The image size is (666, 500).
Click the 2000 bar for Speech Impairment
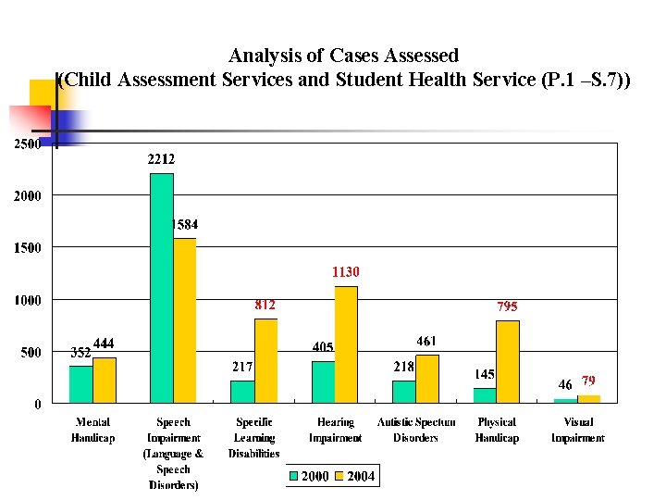click(x=161, y=288)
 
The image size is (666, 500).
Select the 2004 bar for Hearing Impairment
click(x=346, y=344)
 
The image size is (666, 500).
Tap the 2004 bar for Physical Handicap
click(x=508, y=361)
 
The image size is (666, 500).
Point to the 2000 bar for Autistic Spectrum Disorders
click(x=403, y=392)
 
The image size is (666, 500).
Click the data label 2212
click(x=161, y=159)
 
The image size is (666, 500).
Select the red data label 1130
click(x=346, y=272)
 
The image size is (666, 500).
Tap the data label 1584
click(x=183, y=224)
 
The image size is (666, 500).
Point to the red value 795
click(x=507, y=306)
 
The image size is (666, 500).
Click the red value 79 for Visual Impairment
click(x=588, y=381)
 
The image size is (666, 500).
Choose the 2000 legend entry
click(x=308, y=477)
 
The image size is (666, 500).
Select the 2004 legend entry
click(x=353, y=477)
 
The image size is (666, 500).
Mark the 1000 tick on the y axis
click(x=25, y=300)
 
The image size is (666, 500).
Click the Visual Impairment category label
click(x=578, y=431)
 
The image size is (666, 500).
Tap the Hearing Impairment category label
click(x=335, y=431)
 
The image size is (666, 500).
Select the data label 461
click(x=426, y=342)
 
